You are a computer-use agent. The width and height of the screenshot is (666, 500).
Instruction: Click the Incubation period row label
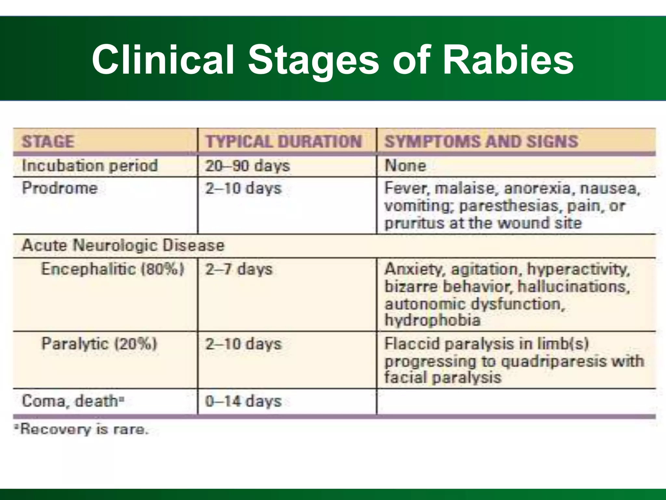pyautogui.click(x=90, y=166)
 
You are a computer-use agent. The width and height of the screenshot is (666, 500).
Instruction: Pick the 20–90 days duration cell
pyautogui.click(x=247, y=166)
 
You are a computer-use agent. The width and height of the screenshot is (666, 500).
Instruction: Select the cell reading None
pyautogui.click(x=405, y=166)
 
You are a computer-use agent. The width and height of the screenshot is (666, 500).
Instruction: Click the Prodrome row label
pyautogui.click(x=60, y=188)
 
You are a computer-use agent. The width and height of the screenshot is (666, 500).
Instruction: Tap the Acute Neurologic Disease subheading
pyautogui.click(x=123, y=245)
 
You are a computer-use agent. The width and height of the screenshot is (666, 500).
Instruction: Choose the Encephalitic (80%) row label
pyautogui.click(x=113, y=269)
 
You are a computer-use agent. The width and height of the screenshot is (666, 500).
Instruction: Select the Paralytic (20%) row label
pyautogui.click(x=99, y=344)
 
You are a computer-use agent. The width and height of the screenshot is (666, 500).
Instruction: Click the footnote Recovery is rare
pyautogui.click(x=83, y=430)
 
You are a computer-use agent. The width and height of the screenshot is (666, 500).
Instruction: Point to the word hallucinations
pyautogui.click(x=573, y=287)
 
